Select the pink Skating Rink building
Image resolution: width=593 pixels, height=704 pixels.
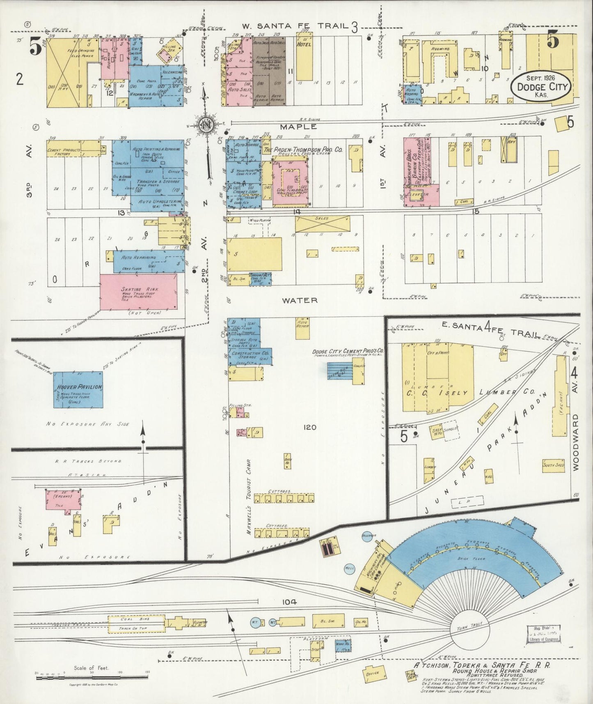(x=139, y=292)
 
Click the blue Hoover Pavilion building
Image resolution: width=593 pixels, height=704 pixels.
(x=78, y=389)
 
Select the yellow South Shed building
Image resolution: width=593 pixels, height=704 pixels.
(x=553, y=465)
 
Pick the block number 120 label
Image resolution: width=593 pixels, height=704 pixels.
(x=309, y=427)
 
